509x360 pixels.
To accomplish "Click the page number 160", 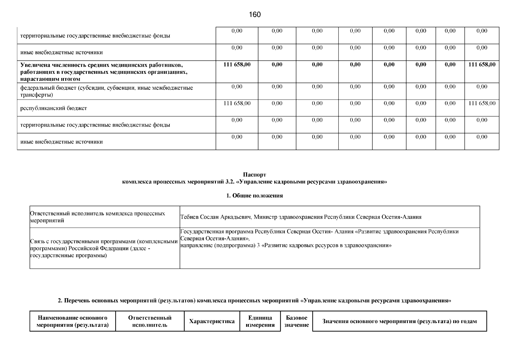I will pyautogui.click(x=255, y=15).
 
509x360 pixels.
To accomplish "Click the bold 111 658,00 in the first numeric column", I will pyautogui.click(x=237, y=64).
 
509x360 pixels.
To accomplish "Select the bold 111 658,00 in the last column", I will pyautogui.click(x=482, y=64).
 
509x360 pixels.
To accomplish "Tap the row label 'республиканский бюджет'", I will pyautogui.click(x=54, y=108).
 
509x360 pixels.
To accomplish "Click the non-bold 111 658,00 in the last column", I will pyautogui.click(x=482, y=103).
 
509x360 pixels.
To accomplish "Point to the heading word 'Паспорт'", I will pyautogui.click(x=255, y=175).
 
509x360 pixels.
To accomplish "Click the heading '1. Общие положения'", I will pyautogui.click(x=255, y=196).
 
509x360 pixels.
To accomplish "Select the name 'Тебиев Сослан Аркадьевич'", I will pyautogui.click(x=216, y=217).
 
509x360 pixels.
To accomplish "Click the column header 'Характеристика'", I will pyautogui.click(x=212, y=321).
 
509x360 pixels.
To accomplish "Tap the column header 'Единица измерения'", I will pyautogui.click(x=260, y=321).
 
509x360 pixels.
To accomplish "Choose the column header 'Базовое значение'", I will pyautogui.click(x=296, y=321).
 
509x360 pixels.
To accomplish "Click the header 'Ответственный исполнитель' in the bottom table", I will pyautogui.click(x=150, y=321).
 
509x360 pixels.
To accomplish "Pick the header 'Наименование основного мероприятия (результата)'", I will pyautogui.click(x=73, y=321).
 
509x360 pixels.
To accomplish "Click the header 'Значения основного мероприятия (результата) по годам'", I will pyautogui.click(x=399, y=321).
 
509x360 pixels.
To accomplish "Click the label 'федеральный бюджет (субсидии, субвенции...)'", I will pyautogui.click(x=106, y=91).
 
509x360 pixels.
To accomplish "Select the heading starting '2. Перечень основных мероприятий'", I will pyautogui.click(x=255, y=301).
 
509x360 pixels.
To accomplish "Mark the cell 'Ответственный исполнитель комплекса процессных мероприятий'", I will pyautogui.click(x=97, y=217).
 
